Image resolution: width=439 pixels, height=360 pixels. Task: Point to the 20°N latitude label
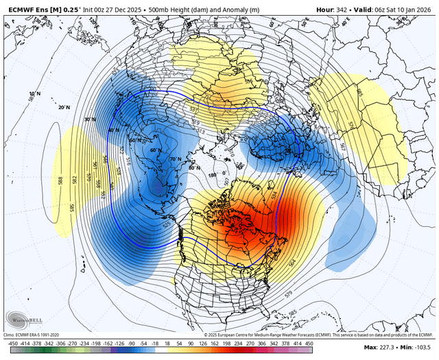coord(64,108)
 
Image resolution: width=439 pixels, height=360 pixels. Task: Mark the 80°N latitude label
coord(195,167)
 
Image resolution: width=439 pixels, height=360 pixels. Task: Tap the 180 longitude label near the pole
coord(211,175)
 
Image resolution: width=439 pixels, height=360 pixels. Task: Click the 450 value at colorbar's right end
coord(425,343)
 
